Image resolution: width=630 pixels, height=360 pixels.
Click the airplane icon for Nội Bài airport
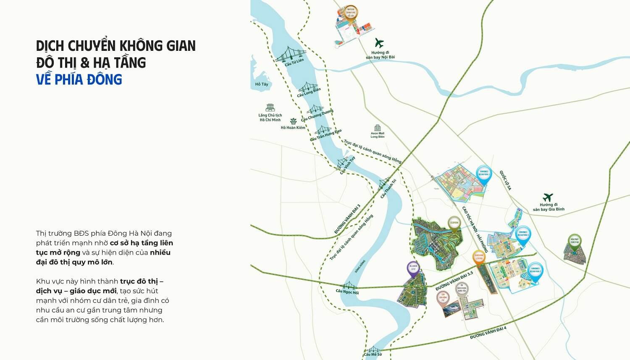pyautogui.click(x=379, y=43)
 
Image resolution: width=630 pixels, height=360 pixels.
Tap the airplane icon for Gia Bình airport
pyautogui.click(x=548, y=197)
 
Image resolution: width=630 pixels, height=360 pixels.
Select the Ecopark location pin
pyautogui.click(x=454, y=224)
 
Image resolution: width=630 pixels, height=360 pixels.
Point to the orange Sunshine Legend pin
pyautogui.click(x=479, y=256)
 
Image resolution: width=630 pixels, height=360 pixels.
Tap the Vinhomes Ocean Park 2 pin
pyautogui.click(x=535, y=271)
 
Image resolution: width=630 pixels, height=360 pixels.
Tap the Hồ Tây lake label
pyautogui.click(x=261, y=84)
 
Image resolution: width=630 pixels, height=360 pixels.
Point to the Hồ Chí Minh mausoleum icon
pyautogui.click(x=270, y=108)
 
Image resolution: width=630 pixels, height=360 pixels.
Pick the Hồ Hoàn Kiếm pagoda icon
pyautogui.click(x=293, y=121)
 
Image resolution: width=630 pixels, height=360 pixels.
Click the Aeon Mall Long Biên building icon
pyautogui.click(x=377, y=128)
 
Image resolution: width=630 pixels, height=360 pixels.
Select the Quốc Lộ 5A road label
pyautogui.click(x=505, y=181)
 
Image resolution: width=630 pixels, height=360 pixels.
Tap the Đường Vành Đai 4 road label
pyautogui.click(x=488, y=333)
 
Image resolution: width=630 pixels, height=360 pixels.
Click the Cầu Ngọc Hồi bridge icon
pyautogui.click(x=348, y=285)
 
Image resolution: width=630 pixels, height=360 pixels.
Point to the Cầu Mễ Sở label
pyautogui.click(x=373, y=355)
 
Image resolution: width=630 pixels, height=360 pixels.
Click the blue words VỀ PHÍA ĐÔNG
pyautogui.click(x=79, y=79)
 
